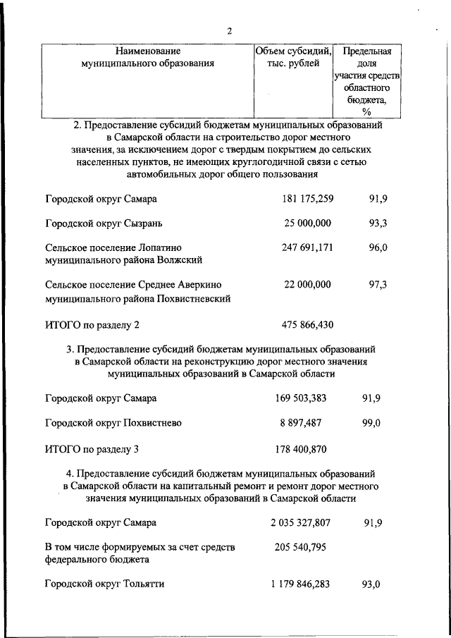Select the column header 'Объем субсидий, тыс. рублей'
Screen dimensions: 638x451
pos(293,57)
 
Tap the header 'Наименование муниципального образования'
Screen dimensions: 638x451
pos(148,57)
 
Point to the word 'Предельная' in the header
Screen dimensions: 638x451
pos(366,51)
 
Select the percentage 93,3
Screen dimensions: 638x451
pos(378,223)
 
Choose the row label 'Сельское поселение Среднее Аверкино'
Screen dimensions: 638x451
pos(133,285)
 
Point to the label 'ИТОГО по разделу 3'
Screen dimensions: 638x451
pos(92,448)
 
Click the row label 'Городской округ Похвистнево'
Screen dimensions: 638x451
pos(113,423)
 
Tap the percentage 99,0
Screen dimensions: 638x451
pos(371,423)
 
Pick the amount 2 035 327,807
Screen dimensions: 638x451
pos(301,523)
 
